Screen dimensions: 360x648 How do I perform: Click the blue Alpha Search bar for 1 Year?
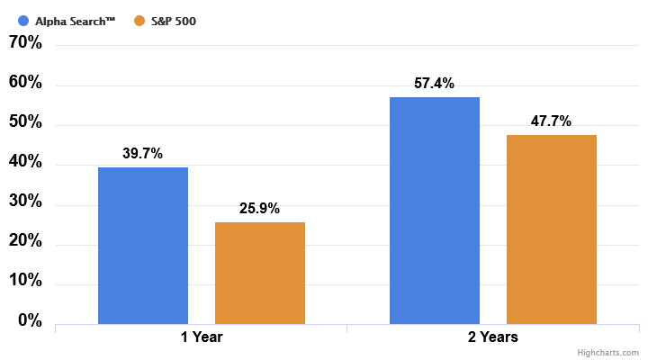point(143,246)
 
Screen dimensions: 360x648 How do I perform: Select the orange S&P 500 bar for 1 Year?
point(260,273)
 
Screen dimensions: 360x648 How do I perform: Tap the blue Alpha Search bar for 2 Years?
point(435,211)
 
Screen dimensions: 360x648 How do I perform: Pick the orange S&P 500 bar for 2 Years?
point(552,229)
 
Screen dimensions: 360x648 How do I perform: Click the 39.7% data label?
point(143,154)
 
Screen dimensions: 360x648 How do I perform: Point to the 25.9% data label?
point(260,209)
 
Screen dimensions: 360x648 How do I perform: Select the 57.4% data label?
point(435,83)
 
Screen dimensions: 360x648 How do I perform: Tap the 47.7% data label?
point(552,121)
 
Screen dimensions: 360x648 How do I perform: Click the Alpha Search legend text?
point(76,20)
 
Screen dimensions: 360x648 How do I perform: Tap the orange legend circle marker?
point(139,20)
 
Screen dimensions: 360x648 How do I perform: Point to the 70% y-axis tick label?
point(25,42)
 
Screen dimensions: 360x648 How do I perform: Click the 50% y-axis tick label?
point(25,122)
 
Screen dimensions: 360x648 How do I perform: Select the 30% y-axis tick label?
point(25,202)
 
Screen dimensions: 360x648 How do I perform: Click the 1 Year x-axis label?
point(202,337)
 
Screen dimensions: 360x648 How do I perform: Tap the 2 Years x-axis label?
point(492,337)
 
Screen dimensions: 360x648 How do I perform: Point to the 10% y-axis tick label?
point(25,281)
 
